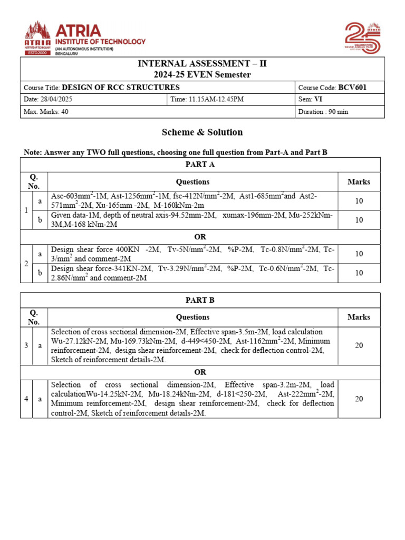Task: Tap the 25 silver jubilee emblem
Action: pyautogui.click(x=362, y=37)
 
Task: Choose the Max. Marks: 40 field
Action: pyautogui.click(x=46, y=111)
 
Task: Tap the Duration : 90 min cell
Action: pyautogui.click(x=323, y=111)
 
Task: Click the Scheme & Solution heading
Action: pyautogui.click(x=202, y=132)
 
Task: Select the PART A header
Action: pyautogui.click(x=200, y=165)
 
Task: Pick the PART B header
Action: pyautogui.click(x=200, y=300)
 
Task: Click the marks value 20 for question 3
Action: pyautogui.click(x=359, y=345)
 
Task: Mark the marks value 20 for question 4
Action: pyautogui.click(x=359, y=399)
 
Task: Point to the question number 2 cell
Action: pyautogui.click(x=26, y=263)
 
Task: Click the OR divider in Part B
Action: pyautogui.click(x=200, y=372)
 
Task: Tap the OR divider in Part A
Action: pyautogui.click(x=200, y=237)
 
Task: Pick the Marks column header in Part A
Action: pyautogui.click(x=359, y=182)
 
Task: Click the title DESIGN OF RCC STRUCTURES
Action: pyautogui.click(x=121, y=88)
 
